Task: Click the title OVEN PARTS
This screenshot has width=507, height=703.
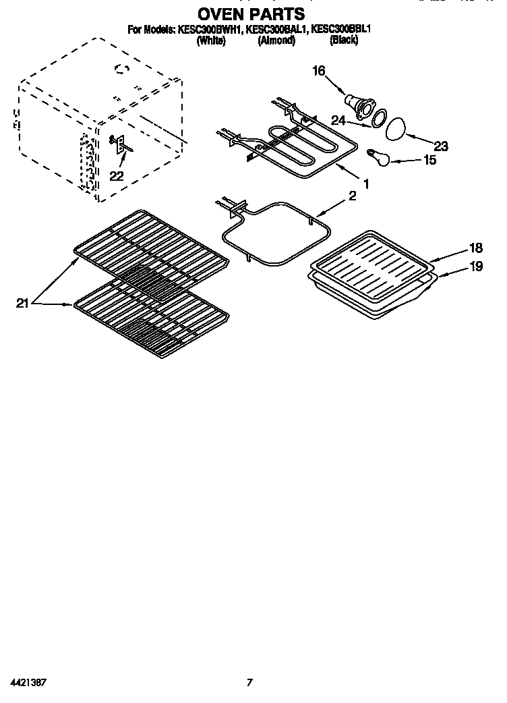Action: (x=251, y=13)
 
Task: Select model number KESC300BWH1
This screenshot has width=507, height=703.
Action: (x=210, y=30)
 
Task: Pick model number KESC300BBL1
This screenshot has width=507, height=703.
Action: (x=342, y=30)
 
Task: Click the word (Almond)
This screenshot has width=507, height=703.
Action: (x=276, y=40)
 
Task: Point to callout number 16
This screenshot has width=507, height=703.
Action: (x=318, y=70)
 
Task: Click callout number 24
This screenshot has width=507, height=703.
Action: (x=338, y=121)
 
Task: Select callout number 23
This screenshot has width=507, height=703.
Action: (x=441, y=146)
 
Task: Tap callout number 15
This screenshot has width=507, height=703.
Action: (x=429, y=160)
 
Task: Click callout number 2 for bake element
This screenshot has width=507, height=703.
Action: (x=351, y=196)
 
